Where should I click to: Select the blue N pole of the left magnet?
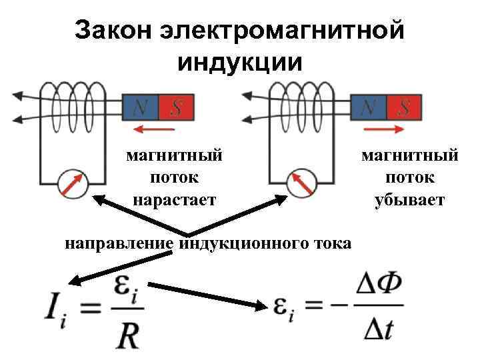pyautogui.click(x=142, y=106)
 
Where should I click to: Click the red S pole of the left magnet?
pyautogui.click(x=177, y=106)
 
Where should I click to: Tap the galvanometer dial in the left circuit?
pyautogui.click(x=72, y=183)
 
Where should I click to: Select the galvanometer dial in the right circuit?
pyautogui.click(x=302, y=183)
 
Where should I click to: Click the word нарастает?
pyautogui.click(x=175, y=199)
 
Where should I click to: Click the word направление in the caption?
pyautogui.click(x=121, y=243)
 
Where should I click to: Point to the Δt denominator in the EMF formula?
pyautogui.click(x=379, y=330)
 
